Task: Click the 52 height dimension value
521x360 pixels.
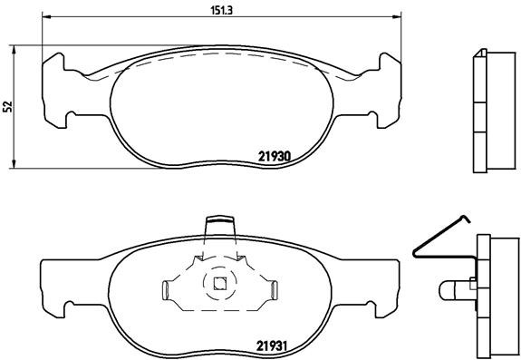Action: click(8, 106)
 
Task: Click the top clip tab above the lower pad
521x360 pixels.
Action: click(219, 222)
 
